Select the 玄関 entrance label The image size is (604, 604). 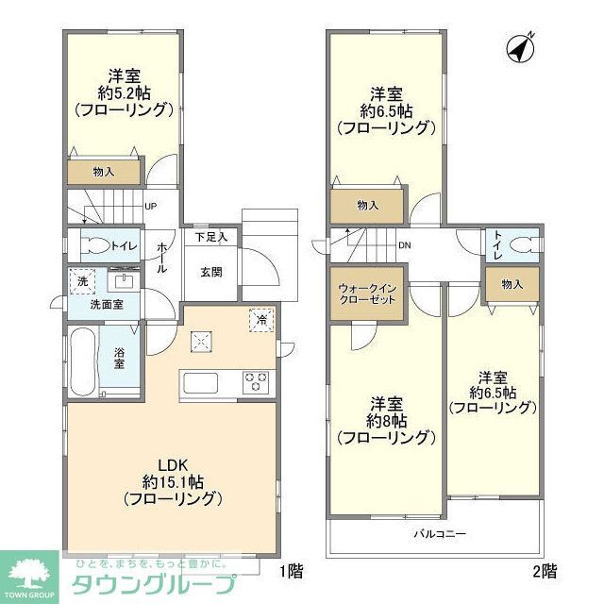(210, 272)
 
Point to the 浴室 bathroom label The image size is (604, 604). (121, 359)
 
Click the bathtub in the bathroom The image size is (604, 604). (81, 361)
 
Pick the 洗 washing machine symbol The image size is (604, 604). (82, 282)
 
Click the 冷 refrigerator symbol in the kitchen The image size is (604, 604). (261, 319)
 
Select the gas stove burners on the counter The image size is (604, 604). (256, 383)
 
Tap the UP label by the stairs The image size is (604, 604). (150, 208)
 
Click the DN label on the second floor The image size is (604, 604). (404, 246)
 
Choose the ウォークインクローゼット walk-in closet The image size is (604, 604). (368, 293)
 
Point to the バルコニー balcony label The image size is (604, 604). (439, 534)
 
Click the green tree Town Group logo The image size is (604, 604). (28, 571)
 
